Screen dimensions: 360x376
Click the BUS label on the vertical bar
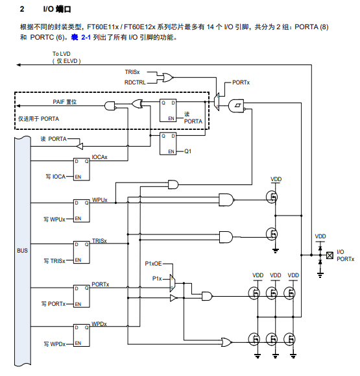coord(22,251)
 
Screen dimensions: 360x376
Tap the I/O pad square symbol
coord(330,255)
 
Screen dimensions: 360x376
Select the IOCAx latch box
coord(82,169)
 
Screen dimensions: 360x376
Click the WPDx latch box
coord(82,336)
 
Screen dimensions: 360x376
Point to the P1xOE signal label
coord(153,264)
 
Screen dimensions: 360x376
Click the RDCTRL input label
coord(135,82)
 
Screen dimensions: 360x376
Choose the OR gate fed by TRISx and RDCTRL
coord(167,77)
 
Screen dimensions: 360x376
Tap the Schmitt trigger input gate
coord(236,106)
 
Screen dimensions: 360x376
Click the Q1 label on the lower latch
coord(188,151)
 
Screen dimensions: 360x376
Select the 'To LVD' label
coord(62,54)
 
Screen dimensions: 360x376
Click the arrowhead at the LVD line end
coord(18,65)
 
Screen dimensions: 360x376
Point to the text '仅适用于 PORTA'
coord(38,119)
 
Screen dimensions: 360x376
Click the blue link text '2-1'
coord(86,38)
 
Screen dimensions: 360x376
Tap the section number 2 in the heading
coord(22,9)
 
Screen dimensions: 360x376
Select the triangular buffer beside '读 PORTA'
coord(80,146)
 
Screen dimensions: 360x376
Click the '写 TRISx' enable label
coord(54,261)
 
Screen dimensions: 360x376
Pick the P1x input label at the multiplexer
coord(157,279)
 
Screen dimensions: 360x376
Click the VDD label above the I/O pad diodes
coord(320,236)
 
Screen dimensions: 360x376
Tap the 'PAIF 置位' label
coord(65,102)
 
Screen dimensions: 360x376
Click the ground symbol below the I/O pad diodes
coord(320,275)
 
